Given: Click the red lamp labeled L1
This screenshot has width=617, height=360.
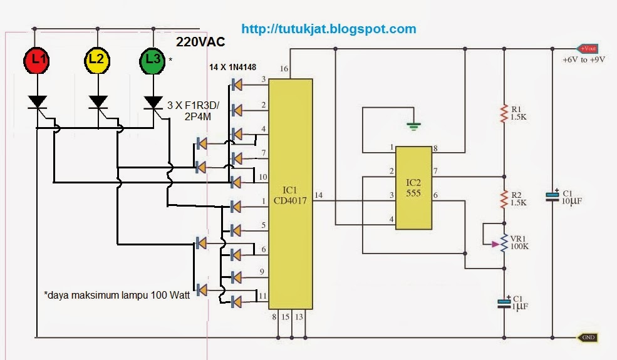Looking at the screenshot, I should pyautogui.click(x=38, y=59).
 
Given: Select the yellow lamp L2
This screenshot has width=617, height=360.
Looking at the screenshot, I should pyautogui.click(x=96, y=59).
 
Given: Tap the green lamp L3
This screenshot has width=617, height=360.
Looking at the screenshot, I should pyautogui.click(x=152, y=59).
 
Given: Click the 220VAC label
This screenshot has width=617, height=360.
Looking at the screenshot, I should pyautogui.click(x=200, y=42).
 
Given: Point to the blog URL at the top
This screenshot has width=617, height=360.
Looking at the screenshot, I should pyautogui.click(x=328, y=29).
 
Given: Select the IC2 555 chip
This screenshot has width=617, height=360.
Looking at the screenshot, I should pyautogui.click(x=414, y=187).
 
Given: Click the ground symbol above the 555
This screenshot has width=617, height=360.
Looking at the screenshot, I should pyautogui.click(x=412, y=126).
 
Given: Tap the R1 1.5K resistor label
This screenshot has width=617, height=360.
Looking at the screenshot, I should pyautogui.click(x=519, y=113).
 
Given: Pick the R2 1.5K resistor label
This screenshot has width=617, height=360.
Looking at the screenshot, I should pyautogui.click(x=519, y=199).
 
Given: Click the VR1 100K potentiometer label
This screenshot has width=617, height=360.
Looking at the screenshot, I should pyautogui.click(x=521, y=242).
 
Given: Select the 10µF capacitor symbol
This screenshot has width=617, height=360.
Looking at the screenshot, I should pyautogui.click(x=552, y=195).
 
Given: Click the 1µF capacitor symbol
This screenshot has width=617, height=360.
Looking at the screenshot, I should pyautogui.click(x=504, y=303).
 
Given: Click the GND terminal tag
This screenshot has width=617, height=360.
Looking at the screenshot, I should pyautogui.click(x=588, y=337).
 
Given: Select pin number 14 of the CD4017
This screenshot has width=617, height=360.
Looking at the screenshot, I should pyautogui.click(x=319, y=195).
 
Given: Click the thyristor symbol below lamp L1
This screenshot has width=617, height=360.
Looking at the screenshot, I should pyautogui.click(x=38, y=101).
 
